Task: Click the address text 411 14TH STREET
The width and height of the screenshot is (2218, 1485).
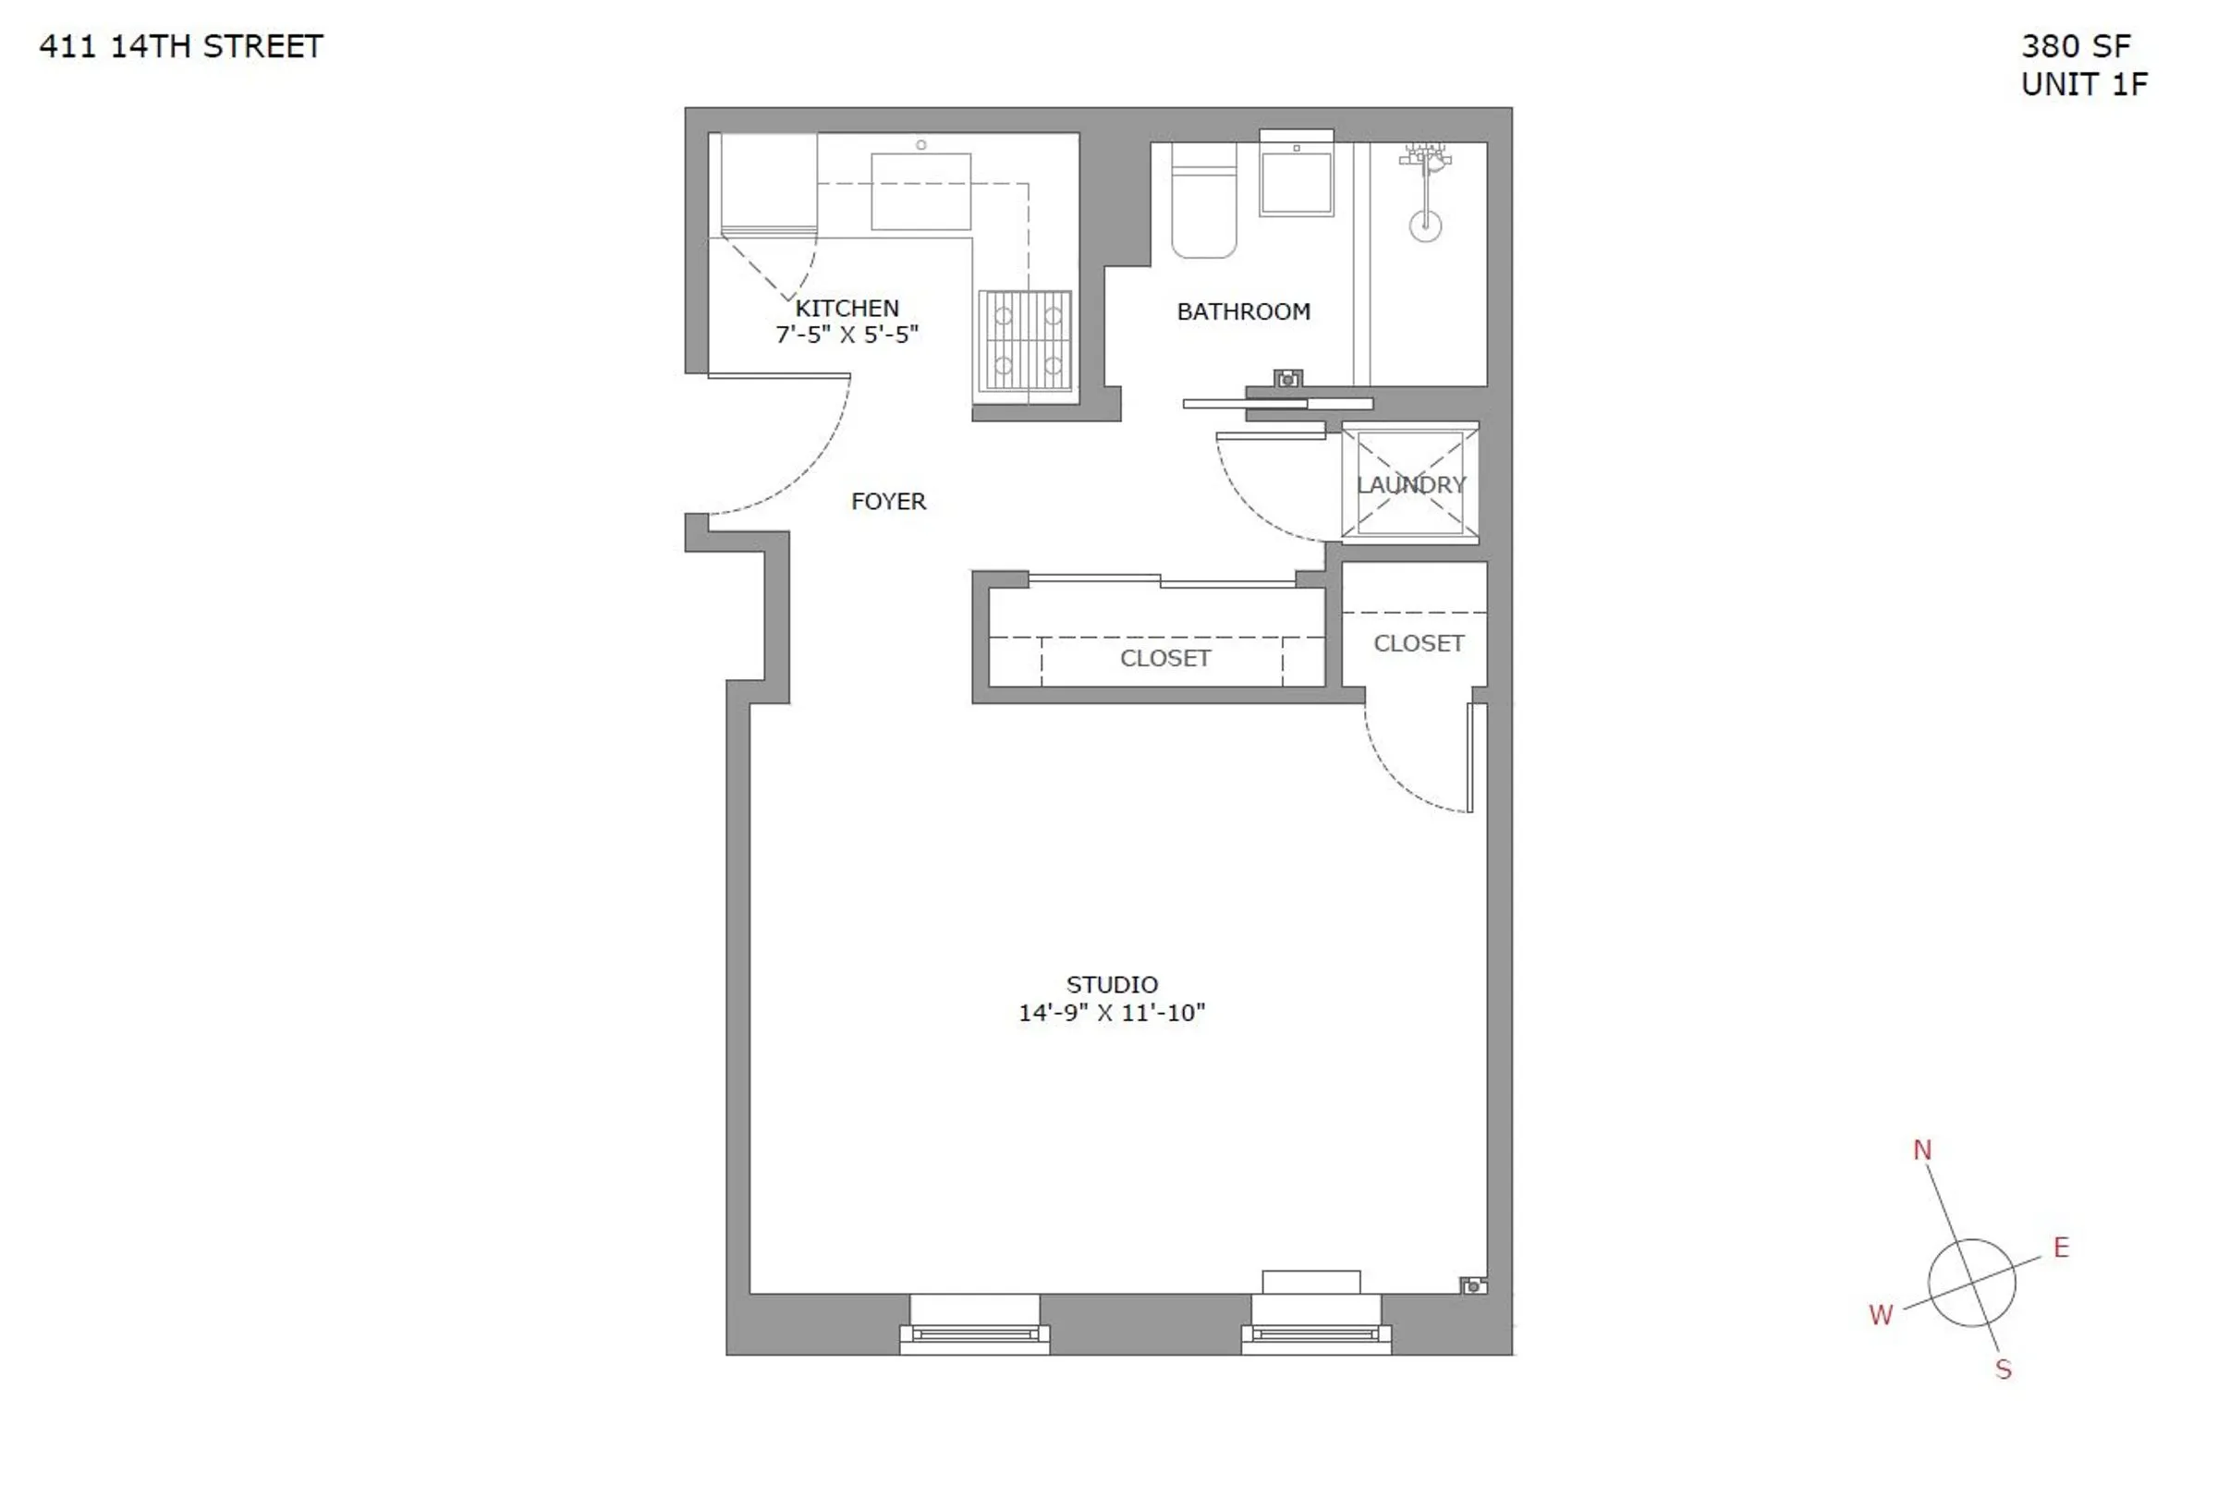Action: (x=181, y=46)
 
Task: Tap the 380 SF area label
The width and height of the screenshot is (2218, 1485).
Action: (x=2075, y=46)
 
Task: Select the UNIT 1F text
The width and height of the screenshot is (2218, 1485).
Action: (x=2083, y=85)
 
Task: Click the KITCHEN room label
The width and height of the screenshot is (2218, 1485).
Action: (x=847, y=309)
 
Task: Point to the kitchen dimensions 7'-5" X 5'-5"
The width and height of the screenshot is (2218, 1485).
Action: (x=847, y=335)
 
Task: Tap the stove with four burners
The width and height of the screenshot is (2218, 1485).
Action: (x=1026, y=341)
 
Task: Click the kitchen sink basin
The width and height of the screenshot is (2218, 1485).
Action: (x=920, y=191)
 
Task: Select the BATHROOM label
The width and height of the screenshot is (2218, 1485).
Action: (x=1242, y=311)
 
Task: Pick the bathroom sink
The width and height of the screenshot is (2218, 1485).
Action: (x=1296, y=182)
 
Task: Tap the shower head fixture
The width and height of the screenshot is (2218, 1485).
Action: (x=1425, y=225)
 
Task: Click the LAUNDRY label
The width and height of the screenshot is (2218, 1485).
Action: (x=1410, y=485)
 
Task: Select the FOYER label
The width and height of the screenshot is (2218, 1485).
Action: (x=888, y=502)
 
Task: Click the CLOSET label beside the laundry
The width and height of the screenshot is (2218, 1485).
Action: (x=1418, y=644)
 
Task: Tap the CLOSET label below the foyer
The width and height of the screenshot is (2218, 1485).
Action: (x=1164, y=659)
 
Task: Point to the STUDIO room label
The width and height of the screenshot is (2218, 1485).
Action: (x=1112, y=985)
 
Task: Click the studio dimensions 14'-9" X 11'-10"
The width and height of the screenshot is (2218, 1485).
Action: (x=1111, y=1014)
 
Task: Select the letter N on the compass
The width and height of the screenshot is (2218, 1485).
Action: (x=1921, y=1150)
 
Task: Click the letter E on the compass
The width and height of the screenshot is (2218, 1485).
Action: (x=2061, y=1248)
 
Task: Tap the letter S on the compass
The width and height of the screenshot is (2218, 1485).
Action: (x=2003, y=1369)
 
